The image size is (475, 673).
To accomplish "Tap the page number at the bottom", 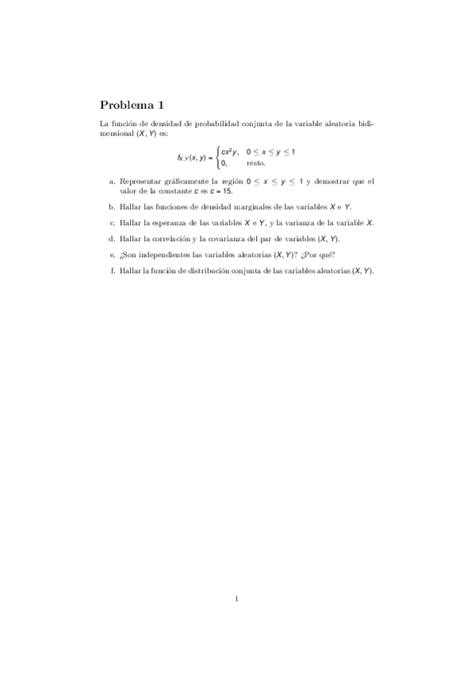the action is tap(236, 598).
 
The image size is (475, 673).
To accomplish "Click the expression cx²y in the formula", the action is tap(230, 151).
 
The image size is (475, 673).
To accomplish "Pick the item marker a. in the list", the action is tap(112, 182).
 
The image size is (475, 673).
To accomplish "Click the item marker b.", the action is tap(112, 207).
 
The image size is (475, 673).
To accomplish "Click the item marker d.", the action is tap(112, 239).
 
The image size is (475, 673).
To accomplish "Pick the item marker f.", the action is tap(113, 271).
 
